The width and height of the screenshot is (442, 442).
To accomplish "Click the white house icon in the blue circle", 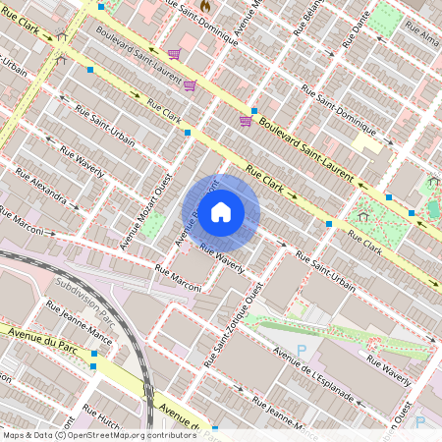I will (221, 212).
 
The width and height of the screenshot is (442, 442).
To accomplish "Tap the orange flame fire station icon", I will (205, 5).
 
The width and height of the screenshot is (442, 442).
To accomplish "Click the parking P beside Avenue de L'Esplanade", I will (302, 350).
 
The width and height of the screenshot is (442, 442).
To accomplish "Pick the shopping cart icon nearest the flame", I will (174, 54).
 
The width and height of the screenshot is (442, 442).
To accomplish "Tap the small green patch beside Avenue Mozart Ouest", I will (154, 224).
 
